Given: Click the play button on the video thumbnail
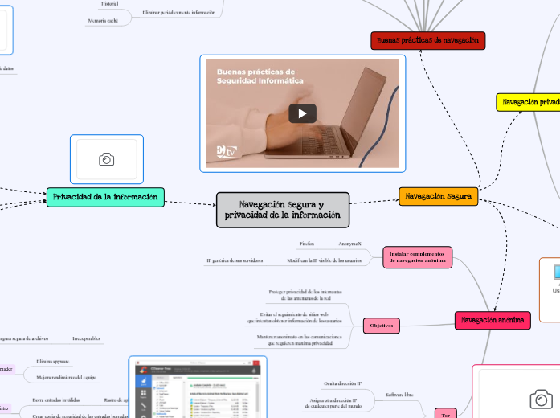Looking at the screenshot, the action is tap(302, 113).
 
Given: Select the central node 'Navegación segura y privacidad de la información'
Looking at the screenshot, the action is tap(283, 209).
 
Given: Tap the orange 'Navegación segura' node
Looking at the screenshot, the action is tap(438, 196).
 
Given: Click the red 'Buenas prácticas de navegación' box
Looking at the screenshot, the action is tap(428, 40).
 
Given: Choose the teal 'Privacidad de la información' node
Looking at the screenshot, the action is tap(106, 197).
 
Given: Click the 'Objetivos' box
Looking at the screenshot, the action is tap(382, 326).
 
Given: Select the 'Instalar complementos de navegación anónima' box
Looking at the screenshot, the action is tap(417, 256).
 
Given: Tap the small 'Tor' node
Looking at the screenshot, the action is tap(446, 414).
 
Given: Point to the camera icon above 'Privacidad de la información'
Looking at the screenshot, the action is tap(106, 159).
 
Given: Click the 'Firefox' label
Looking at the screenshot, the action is tap(306, 243).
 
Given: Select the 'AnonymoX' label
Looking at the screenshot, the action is tap(349, 243).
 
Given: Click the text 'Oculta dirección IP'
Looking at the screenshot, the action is tap(342, 383).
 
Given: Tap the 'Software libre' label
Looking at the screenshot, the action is tap(399, 395).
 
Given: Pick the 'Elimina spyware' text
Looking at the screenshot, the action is tap(54, 362).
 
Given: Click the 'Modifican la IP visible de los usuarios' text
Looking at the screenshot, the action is tap(324, 260).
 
